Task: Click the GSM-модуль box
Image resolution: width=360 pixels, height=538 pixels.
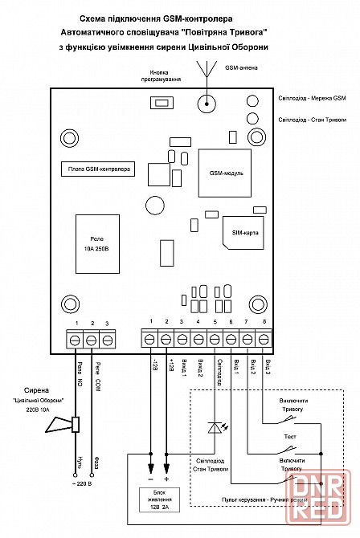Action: click(225, 173)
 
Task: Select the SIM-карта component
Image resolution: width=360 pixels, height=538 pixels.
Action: click(243, 233)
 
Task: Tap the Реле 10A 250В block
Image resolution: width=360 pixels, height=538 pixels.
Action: click(97, 244)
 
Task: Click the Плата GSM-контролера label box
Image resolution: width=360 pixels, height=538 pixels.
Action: click(98, 169)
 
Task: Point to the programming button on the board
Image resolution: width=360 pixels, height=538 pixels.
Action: click(162, 103)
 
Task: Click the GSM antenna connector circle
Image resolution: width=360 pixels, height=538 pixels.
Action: click(207, 104)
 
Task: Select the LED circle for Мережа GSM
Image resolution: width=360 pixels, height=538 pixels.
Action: click(252, 101)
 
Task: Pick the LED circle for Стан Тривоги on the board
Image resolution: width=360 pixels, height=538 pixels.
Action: click(252, 118)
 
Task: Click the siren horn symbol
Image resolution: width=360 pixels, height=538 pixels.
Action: click(63, 425)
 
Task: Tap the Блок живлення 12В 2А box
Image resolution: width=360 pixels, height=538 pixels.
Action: click(159, 499)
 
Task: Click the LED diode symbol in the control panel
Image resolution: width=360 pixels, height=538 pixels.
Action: click(215, 427)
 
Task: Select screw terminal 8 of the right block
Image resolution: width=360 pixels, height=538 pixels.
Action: click(264, 340)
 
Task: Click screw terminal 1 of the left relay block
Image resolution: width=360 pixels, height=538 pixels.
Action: click(76, 340)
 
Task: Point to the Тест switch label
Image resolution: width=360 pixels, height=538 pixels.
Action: click(290, 437)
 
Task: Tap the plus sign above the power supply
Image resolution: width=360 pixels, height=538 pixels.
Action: click(167, 479)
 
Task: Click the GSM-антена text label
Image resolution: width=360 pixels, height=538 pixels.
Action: click(241, 67)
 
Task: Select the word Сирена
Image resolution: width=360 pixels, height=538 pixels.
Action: click(36, 390)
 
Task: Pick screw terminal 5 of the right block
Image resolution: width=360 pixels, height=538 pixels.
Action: click(215, 340)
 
